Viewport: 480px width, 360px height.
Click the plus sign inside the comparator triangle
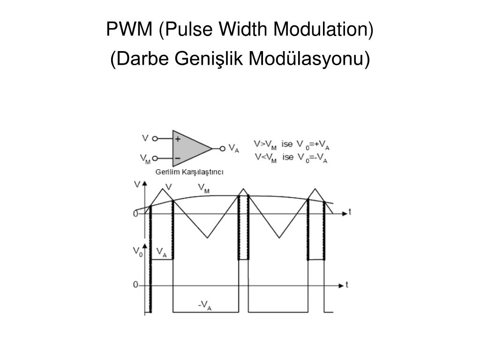[x=178, y=139]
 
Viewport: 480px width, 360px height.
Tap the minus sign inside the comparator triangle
[x=178, y=158]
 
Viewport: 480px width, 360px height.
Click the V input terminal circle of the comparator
[x=155, y=139]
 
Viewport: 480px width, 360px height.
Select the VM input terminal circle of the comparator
[x=155, y=158]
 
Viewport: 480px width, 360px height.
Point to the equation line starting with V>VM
[x=292, y=144]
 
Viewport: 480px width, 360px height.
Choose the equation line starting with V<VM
[x=292, y=157]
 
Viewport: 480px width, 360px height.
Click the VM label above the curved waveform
[x=203, y=188]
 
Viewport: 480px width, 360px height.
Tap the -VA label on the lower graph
[x=204, y=306]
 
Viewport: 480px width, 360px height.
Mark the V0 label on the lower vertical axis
[x=138, y=252]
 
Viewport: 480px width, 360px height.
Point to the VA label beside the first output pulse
[x=161, y=252]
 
